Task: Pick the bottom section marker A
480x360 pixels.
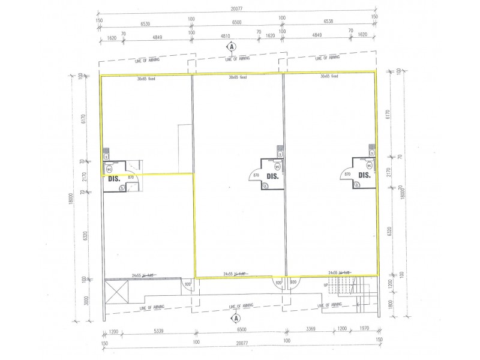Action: [x=236, y=318]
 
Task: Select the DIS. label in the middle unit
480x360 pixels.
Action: [x=273, y=176]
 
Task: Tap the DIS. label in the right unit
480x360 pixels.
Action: [x=365, y=175]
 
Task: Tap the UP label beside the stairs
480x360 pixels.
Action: [x=326, y=286]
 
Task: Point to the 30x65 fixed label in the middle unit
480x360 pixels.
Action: [x=238, y=77]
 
